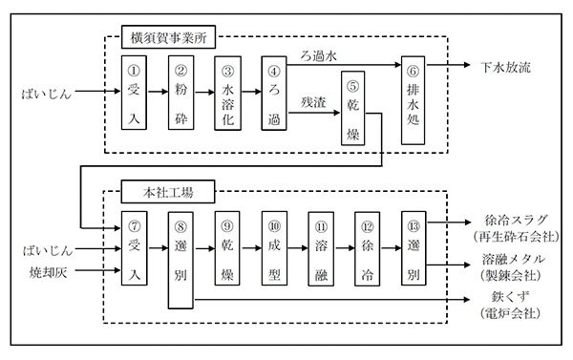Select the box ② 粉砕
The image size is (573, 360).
pyautogui.click(x=181, y=94)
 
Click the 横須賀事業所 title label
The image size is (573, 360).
pyautogui.click(x=168, y=39)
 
